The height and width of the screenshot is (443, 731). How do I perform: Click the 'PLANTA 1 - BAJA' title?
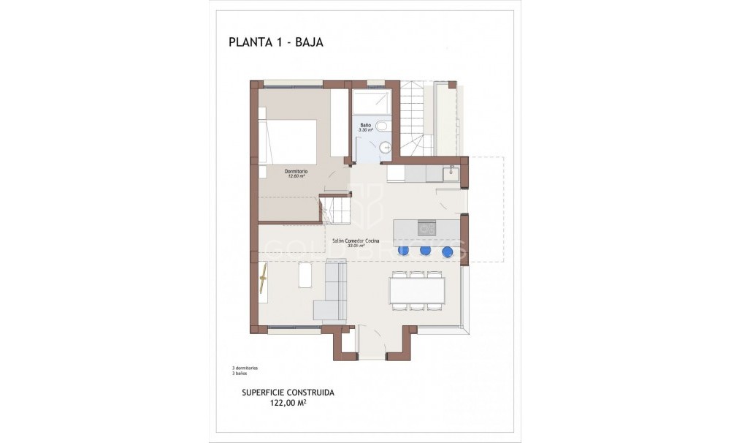coord(275,42)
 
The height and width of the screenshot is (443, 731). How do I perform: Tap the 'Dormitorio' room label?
coord(296,173)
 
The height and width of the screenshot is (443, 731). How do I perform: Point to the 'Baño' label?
coord(366,126)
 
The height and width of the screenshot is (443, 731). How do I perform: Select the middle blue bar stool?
coord(425,251)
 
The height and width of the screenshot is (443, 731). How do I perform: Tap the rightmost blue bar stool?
coord(447,251)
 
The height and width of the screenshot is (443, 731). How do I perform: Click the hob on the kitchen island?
coord(426,228)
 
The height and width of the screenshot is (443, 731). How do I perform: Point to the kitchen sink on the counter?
coord(451,174)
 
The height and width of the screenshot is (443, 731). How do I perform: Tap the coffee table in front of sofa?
coord(305,276)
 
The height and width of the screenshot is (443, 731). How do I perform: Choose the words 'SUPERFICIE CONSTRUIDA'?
coord(288,393)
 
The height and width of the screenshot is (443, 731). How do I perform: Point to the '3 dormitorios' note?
coord(245,368)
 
